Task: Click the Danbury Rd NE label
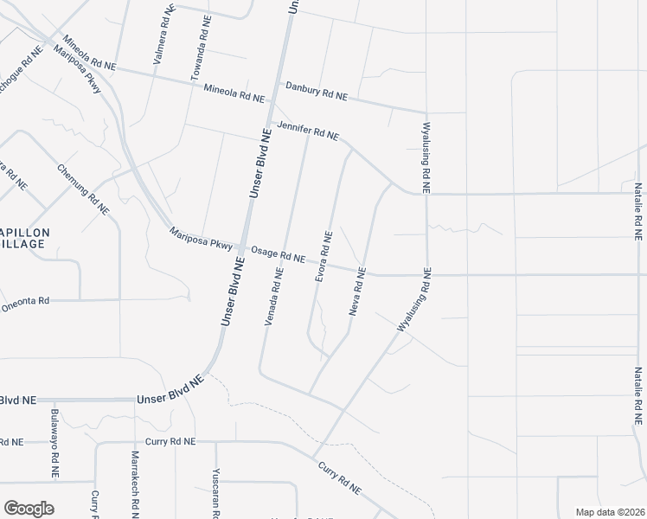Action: point(317,90)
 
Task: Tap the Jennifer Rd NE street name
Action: point(308,131)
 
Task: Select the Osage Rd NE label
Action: point(278,255)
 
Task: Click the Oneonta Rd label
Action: point(26,304)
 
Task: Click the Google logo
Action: point(29,509)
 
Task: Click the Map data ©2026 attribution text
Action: point(609,512)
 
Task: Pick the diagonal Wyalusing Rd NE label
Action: point(413,301)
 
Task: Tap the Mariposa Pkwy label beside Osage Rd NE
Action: point(202,239)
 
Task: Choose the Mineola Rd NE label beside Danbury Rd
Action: point(234,90)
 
